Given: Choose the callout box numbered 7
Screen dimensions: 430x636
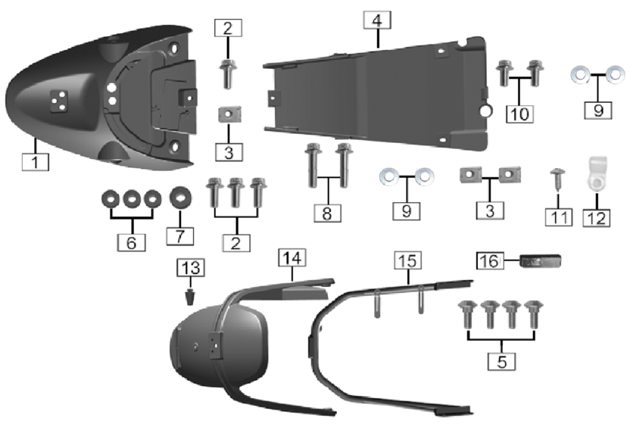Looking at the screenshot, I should (x=179, y=235).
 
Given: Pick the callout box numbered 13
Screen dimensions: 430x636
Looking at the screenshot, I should (x=190, y=267).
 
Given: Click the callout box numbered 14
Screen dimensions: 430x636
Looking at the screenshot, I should (x=292, y=257).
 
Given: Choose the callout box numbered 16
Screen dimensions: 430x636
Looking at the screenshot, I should (x=488, y=260).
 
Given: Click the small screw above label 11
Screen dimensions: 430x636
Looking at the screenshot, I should (x=557, y=177).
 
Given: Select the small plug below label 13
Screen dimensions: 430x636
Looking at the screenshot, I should (x=190, y=295).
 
